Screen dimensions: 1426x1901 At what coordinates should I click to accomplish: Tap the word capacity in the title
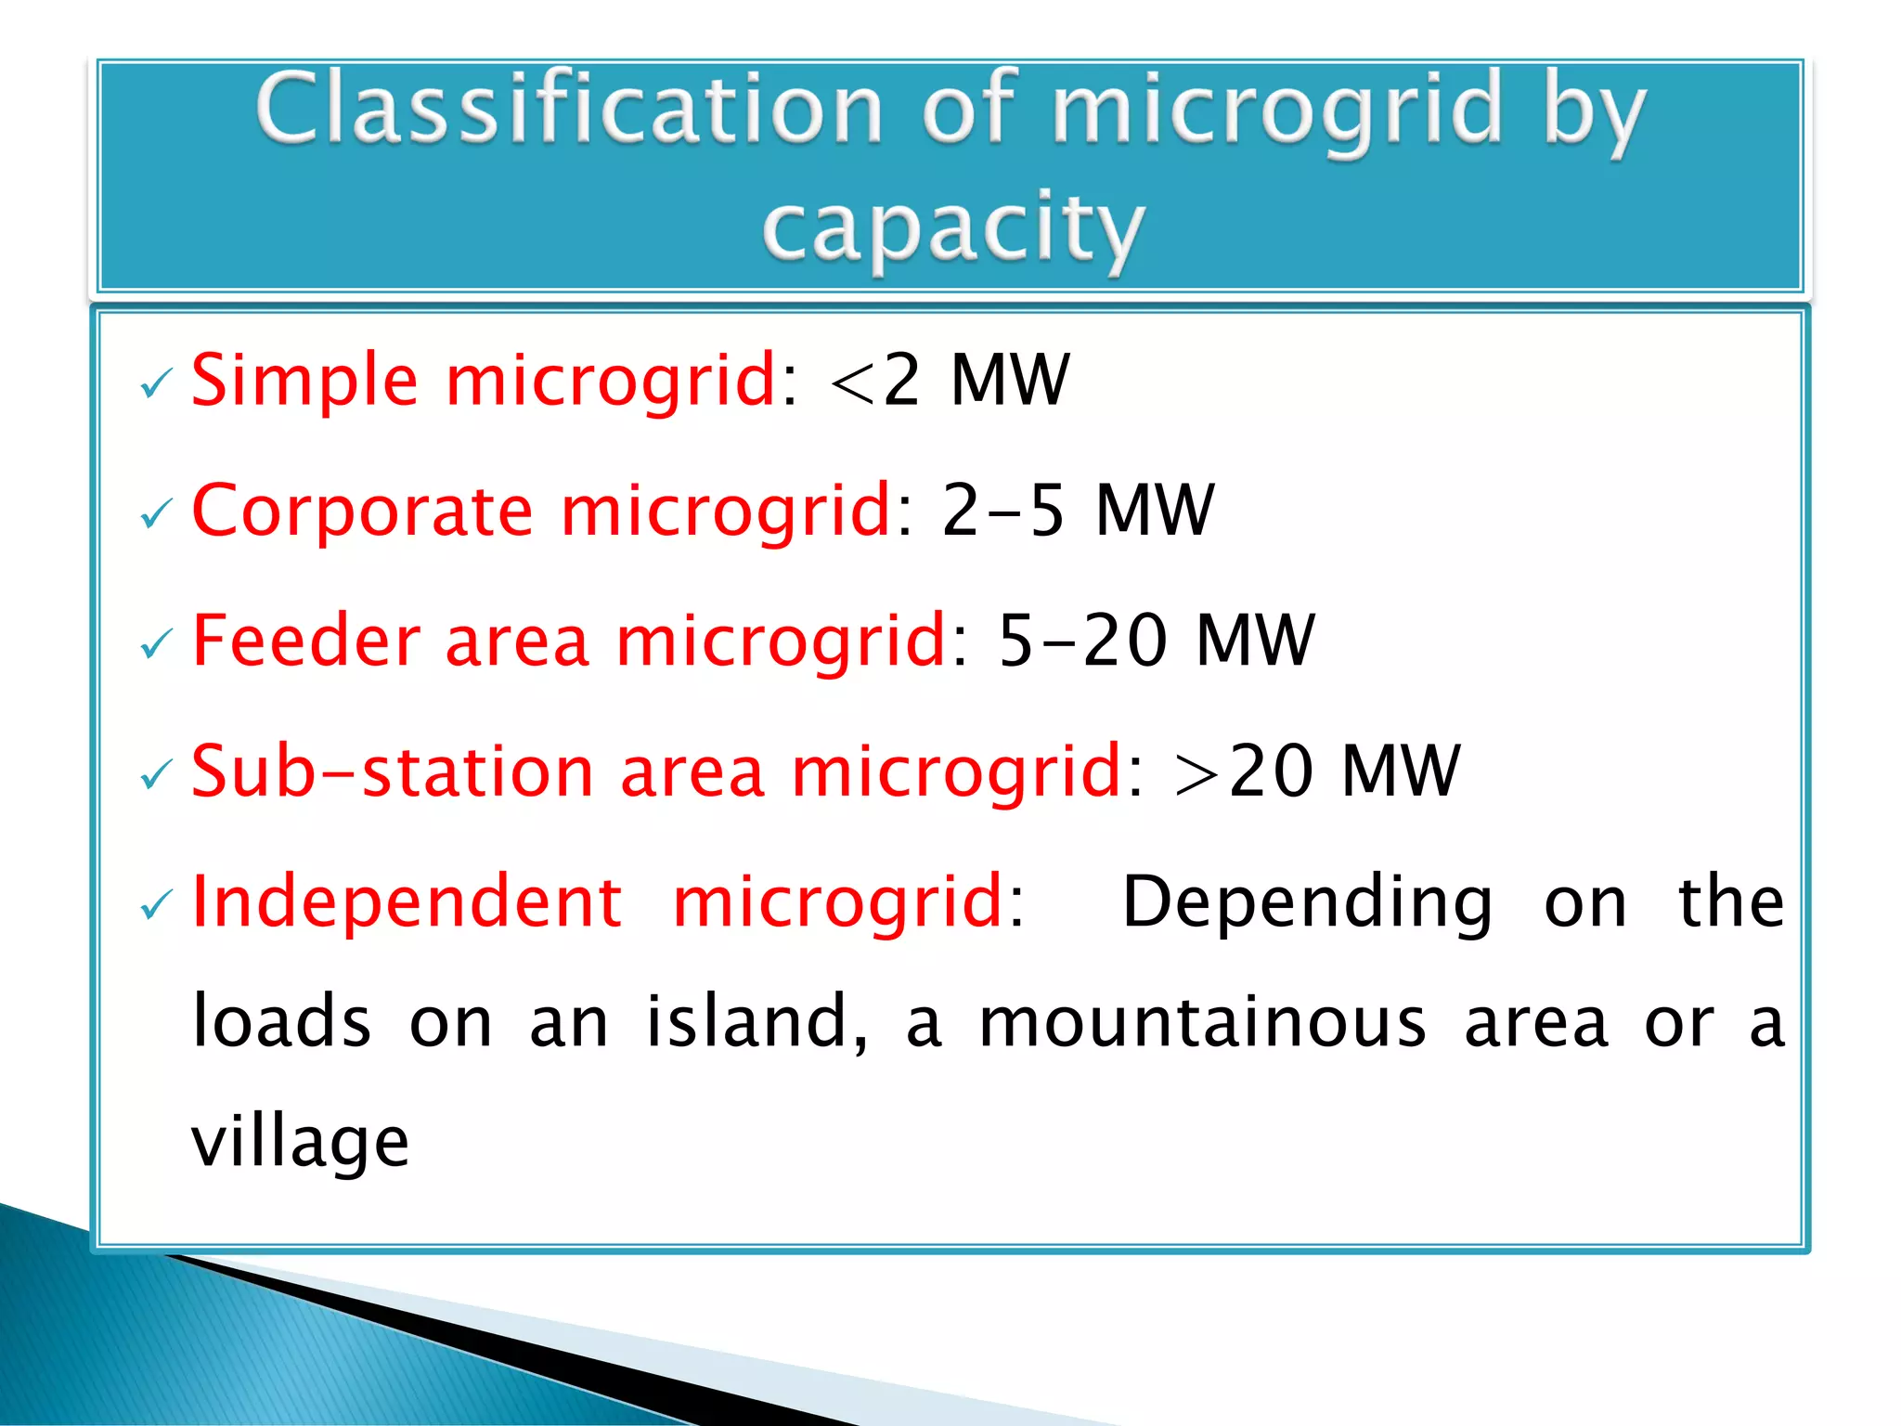[x=952, y=227]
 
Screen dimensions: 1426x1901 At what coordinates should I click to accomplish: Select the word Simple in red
[x=304, y=381]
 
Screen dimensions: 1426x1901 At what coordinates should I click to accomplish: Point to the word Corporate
[x=362, y=511]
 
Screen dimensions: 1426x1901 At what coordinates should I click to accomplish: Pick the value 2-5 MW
[x=1077, y=511]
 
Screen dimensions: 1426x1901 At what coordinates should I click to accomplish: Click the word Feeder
[x=306, y=641]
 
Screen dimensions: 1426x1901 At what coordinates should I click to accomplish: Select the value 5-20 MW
[x=1156, y=641]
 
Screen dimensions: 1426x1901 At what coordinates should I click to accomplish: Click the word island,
[x=757, y=1022]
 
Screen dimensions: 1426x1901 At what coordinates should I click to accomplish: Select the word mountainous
[x=1202, y=1022]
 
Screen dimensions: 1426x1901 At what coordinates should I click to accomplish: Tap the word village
[x=300, y=1142]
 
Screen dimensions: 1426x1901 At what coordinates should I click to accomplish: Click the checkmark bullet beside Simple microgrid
[x=156, y=383]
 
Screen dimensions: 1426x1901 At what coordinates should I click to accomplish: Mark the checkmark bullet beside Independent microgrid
[x=156, y=905]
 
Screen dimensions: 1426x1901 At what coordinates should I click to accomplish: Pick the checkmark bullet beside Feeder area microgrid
[x=156, y=643]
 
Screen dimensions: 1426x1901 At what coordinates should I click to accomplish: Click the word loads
[x=281, y=1022]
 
